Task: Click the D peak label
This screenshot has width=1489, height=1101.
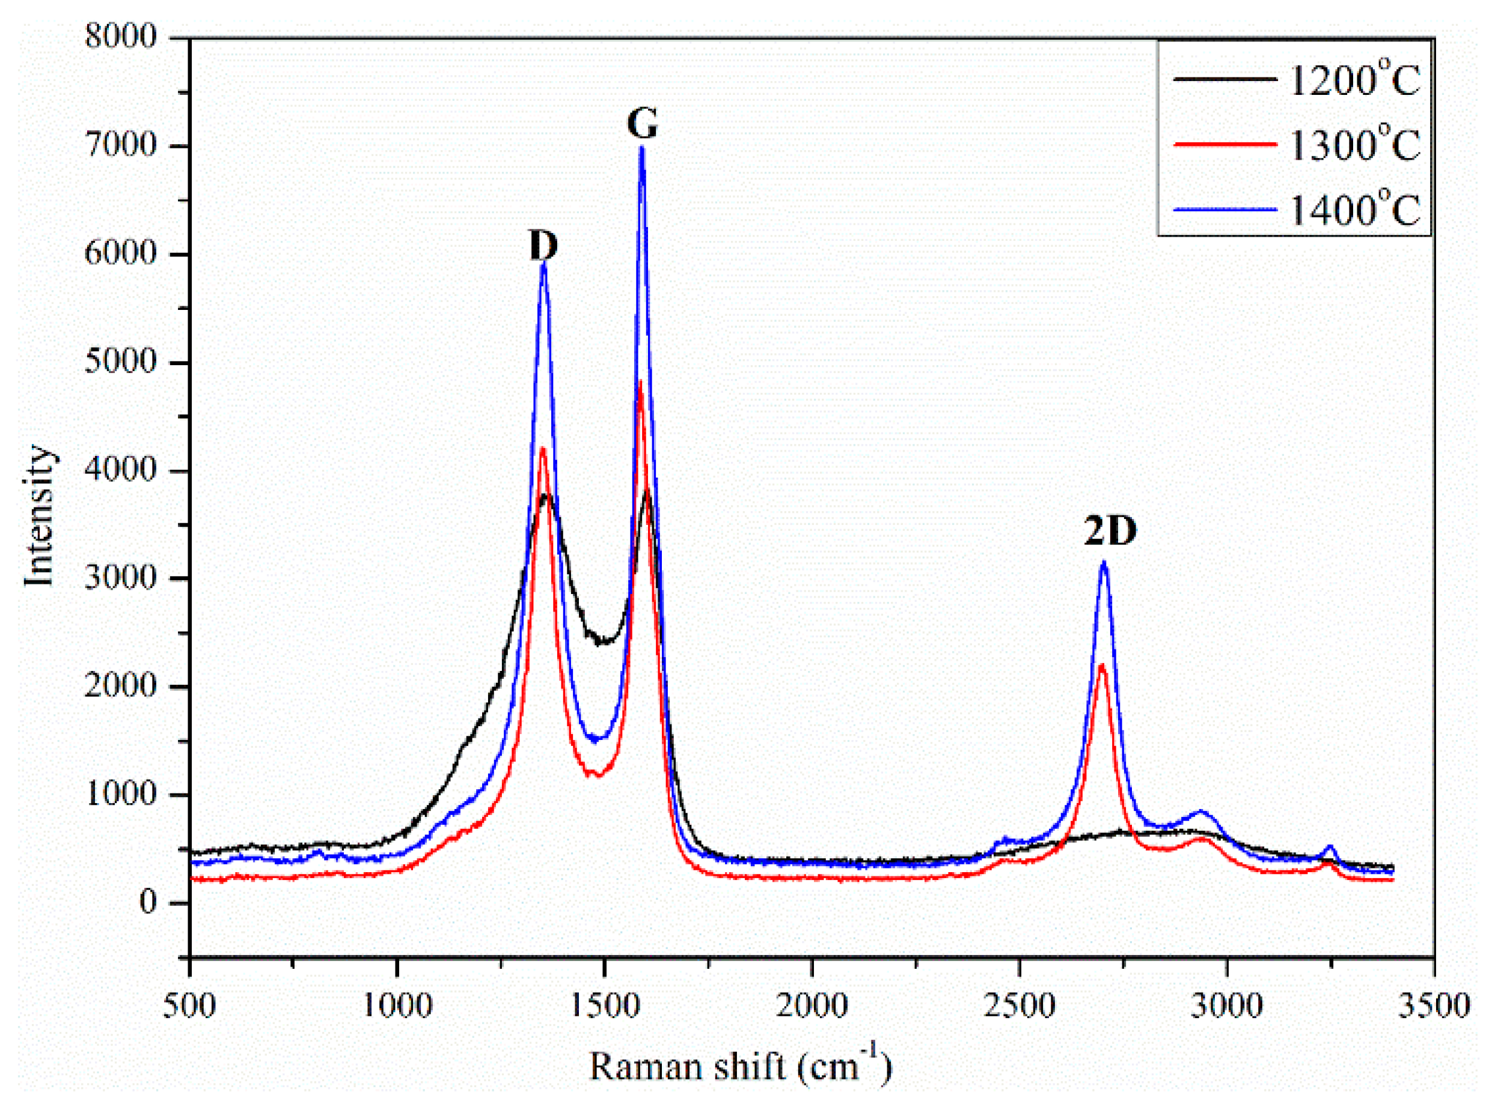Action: (x=543, y=245)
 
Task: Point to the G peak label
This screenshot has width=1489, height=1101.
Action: (x=642, y=123)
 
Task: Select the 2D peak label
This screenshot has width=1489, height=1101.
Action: (x=1110, y=531)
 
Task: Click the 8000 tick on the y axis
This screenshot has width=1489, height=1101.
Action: (x=120, y=37)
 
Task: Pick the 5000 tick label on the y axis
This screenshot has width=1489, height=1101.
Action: (x=120, y=362)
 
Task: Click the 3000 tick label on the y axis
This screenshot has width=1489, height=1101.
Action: (x=120, y=578)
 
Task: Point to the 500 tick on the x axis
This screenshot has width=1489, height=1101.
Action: (x=190, y=1005)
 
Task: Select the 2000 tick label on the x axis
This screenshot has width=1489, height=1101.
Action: (x=812, y=1005)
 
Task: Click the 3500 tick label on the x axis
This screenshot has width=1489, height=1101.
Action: (x=1434, y=1005)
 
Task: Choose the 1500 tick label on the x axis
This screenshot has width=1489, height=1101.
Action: (x=604, y=1005)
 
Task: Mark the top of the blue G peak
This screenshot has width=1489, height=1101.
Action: (x=641, y=147)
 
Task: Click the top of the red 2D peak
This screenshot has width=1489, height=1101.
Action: (x=1102, y=665)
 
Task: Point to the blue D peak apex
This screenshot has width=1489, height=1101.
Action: (x=543, y=264)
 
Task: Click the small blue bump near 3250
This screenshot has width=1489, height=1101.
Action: (x=1330, y=848)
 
